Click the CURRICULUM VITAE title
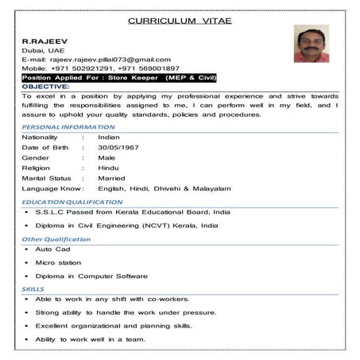(180, 20)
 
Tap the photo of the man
(311, 43)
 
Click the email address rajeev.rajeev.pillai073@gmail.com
(110, 59)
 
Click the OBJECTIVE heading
(46, 87)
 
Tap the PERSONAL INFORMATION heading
(68, 127)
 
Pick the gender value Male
(108, 158)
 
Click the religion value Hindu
(109, 168)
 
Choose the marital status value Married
(112, 178)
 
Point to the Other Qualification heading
(56, 239)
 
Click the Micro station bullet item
(58, 262)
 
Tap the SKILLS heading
(33, 288)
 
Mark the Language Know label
(52, 188)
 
